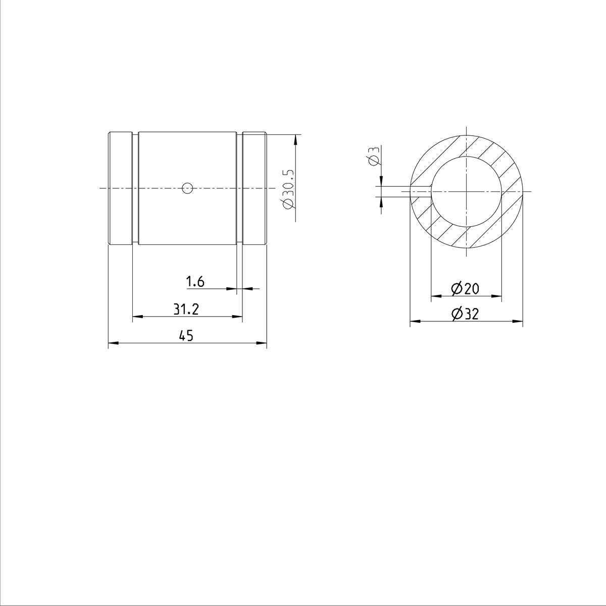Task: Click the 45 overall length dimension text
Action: pos(186,335)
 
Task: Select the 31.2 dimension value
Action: pos(186,310)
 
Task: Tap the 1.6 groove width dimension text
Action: pos(195,282)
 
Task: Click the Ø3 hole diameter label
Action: pos(373,157)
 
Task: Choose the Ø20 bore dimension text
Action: pos(465,289)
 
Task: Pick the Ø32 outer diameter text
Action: pos(465,314)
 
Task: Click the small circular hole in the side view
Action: pos(187,188)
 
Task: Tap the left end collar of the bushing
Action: pos(120,189)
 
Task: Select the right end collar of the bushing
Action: pos(255,189)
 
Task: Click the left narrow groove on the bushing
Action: pos(135,189)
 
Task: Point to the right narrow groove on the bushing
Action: pos(239,189)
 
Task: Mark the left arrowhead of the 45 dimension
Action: pos(113,343)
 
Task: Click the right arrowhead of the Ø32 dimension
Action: pos(518,321)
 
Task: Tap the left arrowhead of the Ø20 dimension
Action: pos(435,295)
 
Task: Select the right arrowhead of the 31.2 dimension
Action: pos(238,317)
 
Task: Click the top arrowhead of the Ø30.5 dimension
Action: pos(295,138)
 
